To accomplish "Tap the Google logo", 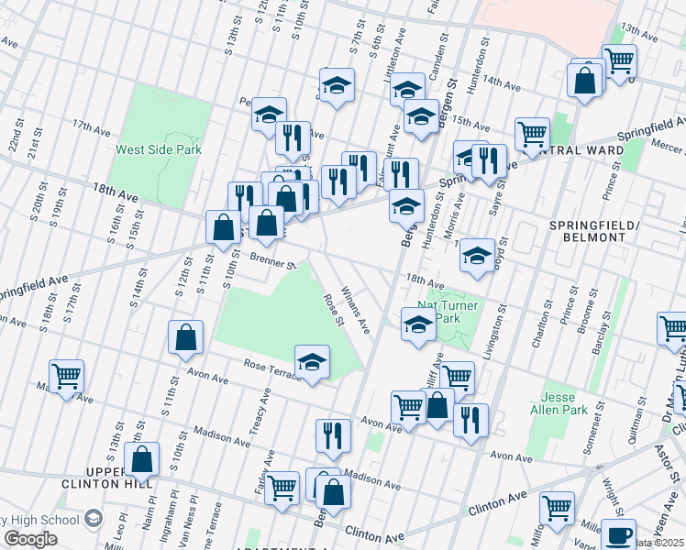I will [31, 539].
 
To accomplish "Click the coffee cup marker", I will [618, 534].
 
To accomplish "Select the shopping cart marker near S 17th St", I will [66, 375].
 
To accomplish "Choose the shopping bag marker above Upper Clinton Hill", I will [142, 458].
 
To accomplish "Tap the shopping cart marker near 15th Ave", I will [532, 134].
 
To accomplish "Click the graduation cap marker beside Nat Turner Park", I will [418, 324].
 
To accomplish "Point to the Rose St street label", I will [333, 310].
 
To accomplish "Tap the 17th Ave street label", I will [92, 126].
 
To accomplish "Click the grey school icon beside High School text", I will [93, 519].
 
